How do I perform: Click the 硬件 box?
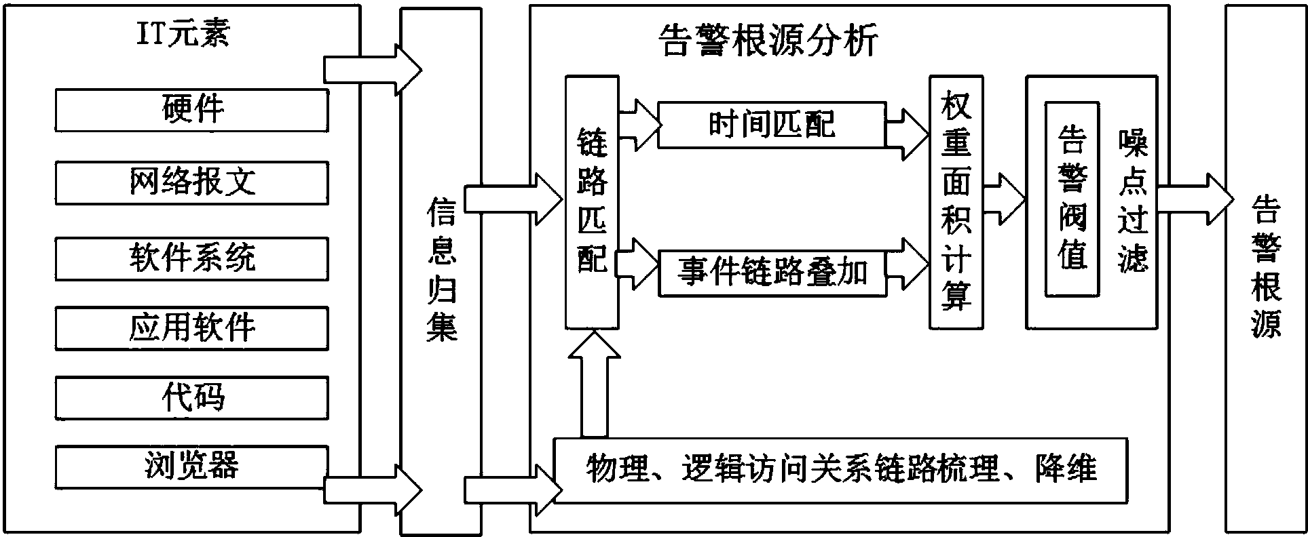coord(191,110)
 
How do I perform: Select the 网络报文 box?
coord(191,182)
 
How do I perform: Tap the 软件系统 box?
coord(191,258)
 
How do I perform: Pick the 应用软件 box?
coord(191,328)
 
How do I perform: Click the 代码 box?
coord(191,398)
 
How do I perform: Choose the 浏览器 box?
coord(191,466)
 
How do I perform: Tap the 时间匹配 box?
coord(772,125)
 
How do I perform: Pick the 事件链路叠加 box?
coord(772,273)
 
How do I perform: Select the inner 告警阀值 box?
coord(1072,199)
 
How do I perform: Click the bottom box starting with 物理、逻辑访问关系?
coord(840,470)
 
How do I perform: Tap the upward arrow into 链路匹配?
coord(594,383)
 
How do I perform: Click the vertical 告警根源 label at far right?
coord(1265,267)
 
